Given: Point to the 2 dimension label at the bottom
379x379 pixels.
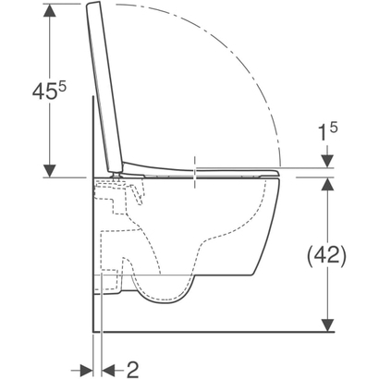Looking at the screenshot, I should tap(132, 369).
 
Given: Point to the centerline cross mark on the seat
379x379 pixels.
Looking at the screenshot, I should tap(196, 169).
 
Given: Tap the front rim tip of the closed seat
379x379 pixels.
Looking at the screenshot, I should tap(275, 169).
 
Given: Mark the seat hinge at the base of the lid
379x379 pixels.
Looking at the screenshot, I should tap(115, 168).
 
